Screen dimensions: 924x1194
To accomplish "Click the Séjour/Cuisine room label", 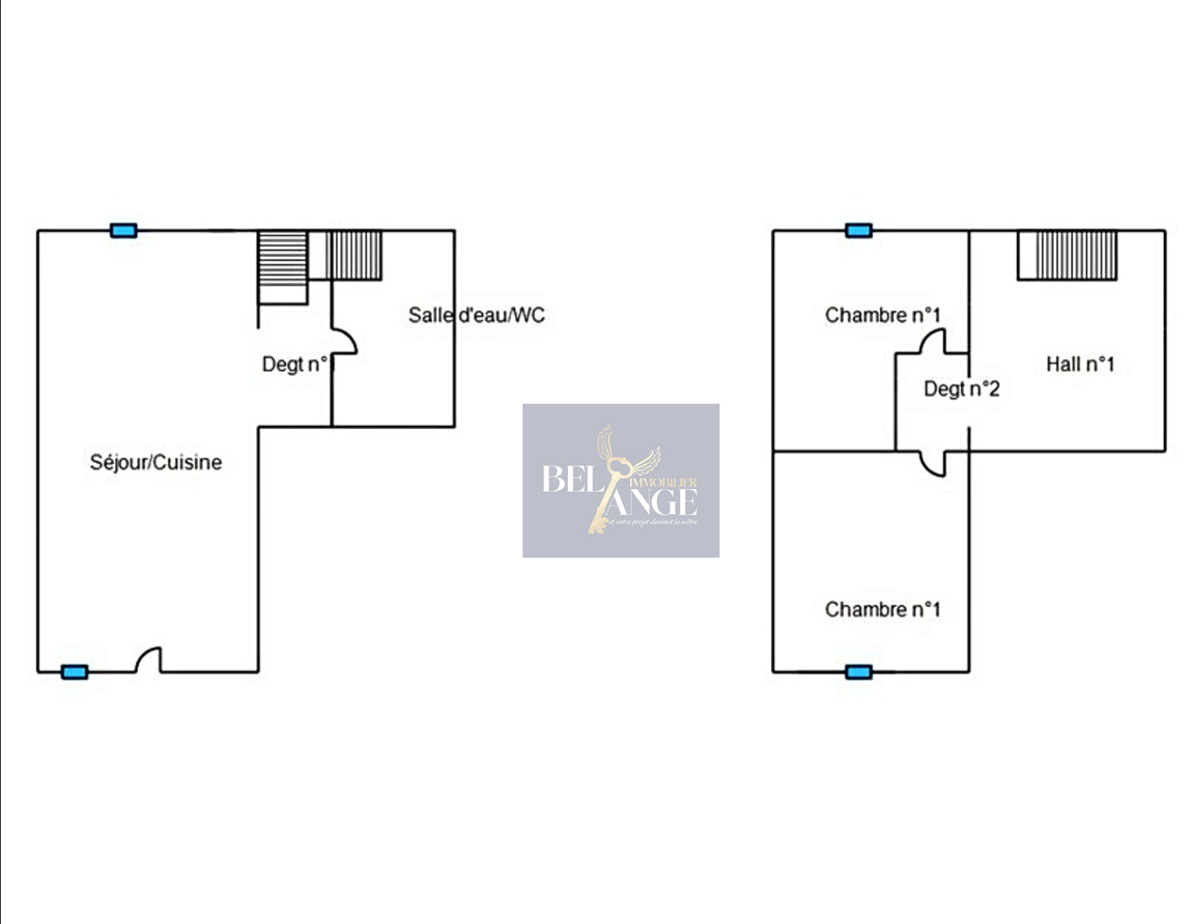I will point(155,462).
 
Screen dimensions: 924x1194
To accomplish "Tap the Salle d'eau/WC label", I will point(476,315).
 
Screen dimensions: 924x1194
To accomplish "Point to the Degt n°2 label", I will point(961,389).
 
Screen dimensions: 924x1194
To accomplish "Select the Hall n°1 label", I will point(1080,364).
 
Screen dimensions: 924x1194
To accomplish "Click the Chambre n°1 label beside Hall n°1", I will point(882,315).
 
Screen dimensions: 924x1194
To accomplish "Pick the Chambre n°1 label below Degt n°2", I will point(882,609).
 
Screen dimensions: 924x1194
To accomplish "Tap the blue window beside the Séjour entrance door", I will point(74,672).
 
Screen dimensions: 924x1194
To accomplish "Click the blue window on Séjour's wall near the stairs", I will point(123,231).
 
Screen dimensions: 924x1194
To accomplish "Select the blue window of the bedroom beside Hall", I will point(859,231).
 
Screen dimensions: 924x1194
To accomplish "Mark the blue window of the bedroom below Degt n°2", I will point(859,672).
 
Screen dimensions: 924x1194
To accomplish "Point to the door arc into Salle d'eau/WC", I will point(345,341).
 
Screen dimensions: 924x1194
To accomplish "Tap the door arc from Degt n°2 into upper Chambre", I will point(932,343).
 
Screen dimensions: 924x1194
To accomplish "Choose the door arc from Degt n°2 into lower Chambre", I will point(933,463).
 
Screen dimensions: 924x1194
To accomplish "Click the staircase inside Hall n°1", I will point(1067,255).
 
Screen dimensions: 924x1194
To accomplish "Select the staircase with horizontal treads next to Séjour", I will point(283,258).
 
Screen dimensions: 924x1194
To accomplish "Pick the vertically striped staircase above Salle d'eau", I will point(354,255).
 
